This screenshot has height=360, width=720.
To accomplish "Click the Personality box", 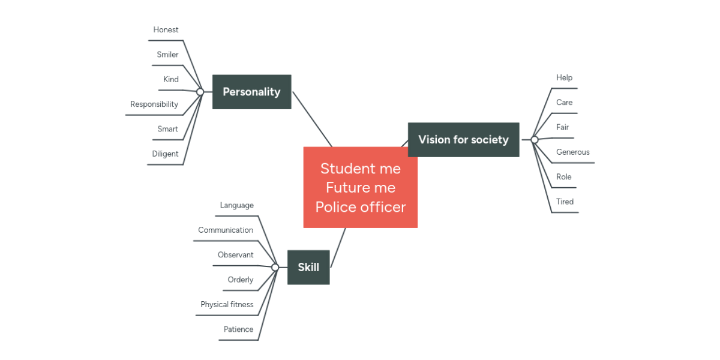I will click(251, 92).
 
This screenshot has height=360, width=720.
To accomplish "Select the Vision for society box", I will click(463, 140).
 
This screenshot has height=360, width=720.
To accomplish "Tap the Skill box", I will click(308, 267).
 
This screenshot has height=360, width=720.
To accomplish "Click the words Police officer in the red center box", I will click(361, 207).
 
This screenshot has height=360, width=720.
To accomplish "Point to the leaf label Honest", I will click(166, 30).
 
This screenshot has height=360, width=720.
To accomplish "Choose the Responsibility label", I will click(154, 104).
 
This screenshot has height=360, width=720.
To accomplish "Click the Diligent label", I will click(165, 154).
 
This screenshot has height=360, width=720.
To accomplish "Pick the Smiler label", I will click(167, 55).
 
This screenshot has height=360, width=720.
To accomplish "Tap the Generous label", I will click(572, 152).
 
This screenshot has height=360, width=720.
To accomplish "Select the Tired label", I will click(565, 202).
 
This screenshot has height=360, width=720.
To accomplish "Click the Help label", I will click(564, 78).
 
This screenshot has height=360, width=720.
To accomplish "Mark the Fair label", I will click(562, 127).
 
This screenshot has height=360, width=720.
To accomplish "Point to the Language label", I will click(236, 206).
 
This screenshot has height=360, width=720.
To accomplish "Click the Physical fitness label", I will click(227, 305).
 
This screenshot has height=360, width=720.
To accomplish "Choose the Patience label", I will click(238, 329).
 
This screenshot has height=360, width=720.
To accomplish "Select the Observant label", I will click(235, 255).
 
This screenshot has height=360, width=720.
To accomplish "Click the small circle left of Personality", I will click(200, 92).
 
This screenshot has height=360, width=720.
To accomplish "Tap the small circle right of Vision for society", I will click(535, 140).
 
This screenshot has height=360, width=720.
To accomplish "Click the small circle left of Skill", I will click(275, 267).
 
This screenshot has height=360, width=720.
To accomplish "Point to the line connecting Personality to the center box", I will click(312, 119).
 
